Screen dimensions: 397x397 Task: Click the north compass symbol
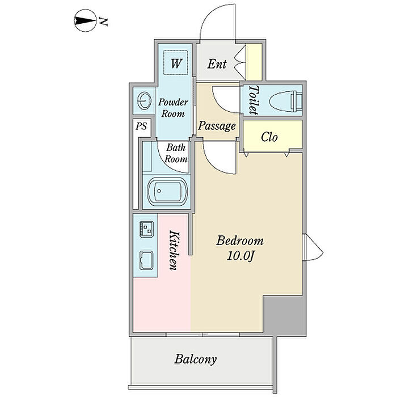point(84,23)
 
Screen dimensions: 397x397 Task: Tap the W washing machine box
point(176,62)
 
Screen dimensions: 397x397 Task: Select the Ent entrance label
point(217,64)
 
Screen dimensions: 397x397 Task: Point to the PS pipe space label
point(141,126)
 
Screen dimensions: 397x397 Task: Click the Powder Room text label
point(172,108)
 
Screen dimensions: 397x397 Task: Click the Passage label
point(217,126)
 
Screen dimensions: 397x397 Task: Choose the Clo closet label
point(269,137)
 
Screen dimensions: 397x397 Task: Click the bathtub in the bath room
point(167,193)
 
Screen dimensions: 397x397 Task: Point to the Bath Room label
point(176,153)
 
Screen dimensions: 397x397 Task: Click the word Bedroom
point(240,240)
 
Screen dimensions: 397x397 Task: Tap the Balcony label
point(196,359)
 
